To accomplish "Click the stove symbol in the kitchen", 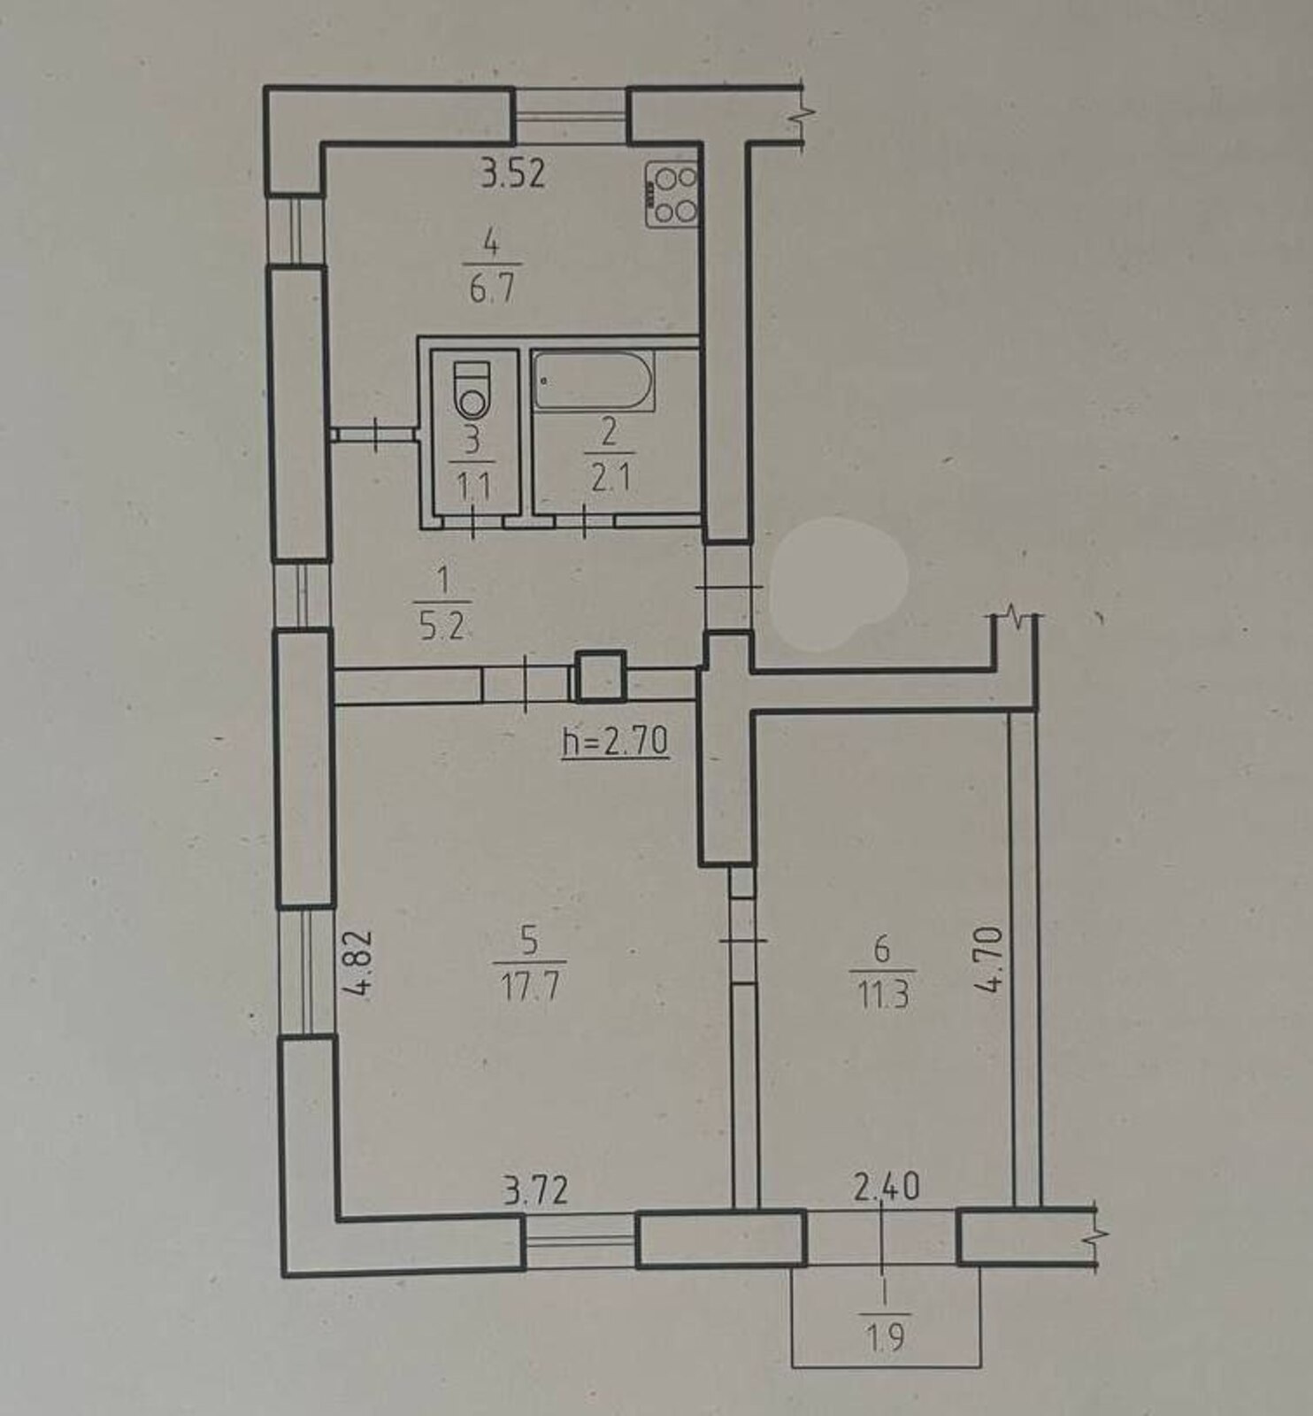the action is point(672,194).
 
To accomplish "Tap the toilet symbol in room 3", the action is point(472,389).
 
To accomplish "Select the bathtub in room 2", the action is point(594,381).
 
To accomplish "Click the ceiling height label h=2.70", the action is point(616,741).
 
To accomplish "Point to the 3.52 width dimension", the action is point(513,173).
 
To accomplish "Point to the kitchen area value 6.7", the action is point(492,288).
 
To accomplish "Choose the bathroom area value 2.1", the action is point(610,478).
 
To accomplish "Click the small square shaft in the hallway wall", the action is point(601,675).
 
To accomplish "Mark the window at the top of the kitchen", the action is point(571,115).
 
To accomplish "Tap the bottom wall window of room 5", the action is point(580,1243).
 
